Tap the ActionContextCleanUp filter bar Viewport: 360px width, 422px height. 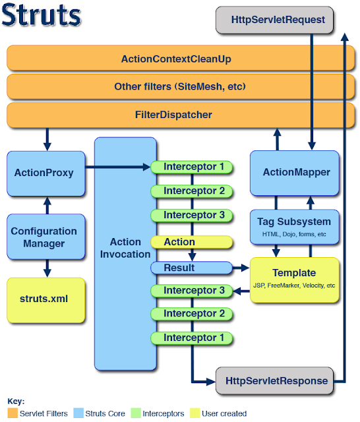[176, 59]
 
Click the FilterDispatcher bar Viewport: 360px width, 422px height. [176, 115]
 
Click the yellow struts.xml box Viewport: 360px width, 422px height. [45, 299]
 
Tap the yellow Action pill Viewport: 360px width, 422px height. [191, 242]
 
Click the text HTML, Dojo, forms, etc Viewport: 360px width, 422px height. [294, 234]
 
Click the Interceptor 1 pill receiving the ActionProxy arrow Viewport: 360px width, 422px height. [191, 167]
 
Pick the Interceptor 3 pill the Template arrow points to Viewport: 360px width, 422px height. [191, 290]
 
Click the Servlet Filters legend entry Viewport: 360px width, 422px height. [40, 413]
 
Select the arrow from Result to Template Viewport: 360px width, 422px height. [241, 268]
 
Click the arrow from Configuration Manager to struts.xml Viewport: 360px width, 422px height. [45, 268]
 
